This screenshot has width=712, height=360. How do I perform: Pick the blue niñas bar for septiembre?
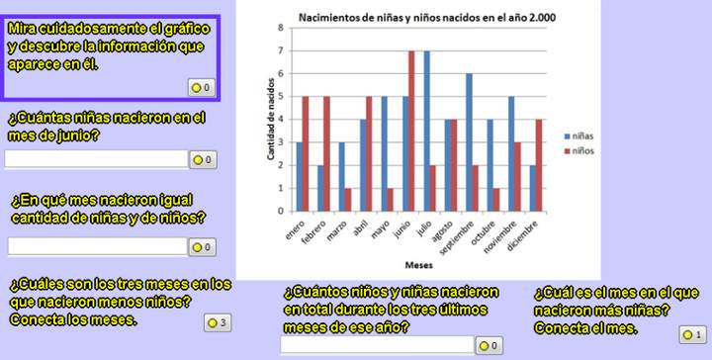[469, 142]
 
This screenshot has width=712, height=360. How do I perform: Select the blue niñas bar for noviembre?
[511, 153]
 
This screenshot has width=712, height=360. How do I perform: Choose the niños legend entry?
[583, 152]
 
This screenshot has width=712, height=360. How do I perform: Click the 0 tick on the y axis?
[281, 211]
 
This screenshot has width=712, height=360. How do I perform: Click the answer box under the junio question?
[96, 159]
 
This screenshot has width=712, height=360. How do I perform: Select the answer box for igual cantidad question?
[96, 246]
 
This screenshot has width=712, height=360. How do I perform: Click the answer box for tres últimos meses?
[376, 345]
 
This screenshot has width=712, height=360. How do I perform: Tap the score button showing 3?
[218, 322]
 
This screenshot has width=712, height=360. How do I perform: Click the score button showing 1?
[691, 335]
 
